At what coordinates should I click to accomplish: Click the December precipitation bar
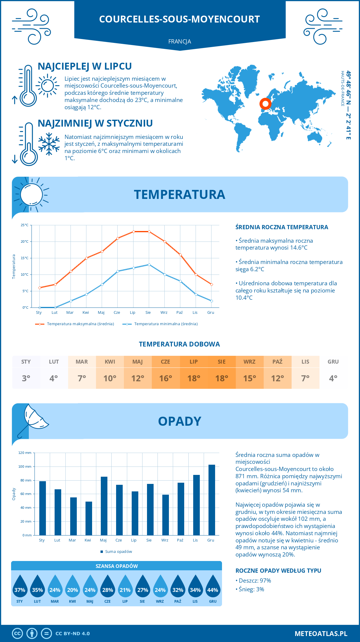[x=212, y=500]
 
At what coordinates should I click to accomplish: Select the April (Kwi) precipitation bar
[x=89, y=518]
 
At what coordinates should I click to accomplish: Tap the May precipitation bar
[x=104, y=506]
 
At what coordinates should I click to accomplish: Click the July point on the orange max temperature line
[x=133, y=232]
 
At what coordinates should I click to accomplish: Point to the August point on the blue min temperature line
[x=149, y=265]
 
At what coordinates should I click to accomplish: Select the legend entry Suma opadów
[x=118, y=551]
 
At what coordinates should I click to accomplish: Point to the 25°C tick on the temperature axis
[x=25, y=225]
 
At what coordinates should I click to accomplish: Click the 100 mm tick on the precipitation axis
[x=25, y=466]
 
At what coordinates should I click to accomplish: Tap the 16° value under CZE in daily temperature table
[x=166, y=378]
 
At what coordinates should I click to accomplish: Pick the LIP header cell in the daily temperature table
[x=193, y=361]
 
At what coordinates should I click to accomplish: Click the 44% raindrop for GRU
[x=213, y=587]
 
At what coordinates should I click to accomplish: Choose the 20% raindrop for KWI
[x=73, y=587]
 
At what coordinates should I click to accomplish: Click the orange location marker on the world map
[x=265, y=104]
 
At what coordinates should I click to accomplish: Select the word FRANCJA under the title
[x=180, y=41]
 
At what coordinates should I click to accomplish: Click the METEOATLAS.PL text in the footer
[x=321, y=634]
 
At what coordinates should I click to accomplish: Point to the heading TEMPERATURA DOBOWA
[x=179, y=344]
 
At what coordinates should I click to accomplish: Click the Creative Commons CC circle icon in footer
[x=17, y=634]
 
